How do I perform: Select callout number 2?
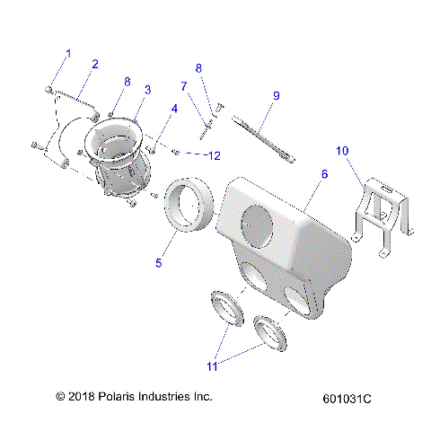94,64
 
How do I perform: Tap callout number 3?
146,90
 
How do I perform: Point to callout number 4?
173,110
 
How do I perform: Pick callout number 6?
324,173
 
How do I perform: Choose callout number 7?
184,86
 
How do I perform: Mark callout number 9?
277,95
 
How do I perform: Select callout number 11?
212,365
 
